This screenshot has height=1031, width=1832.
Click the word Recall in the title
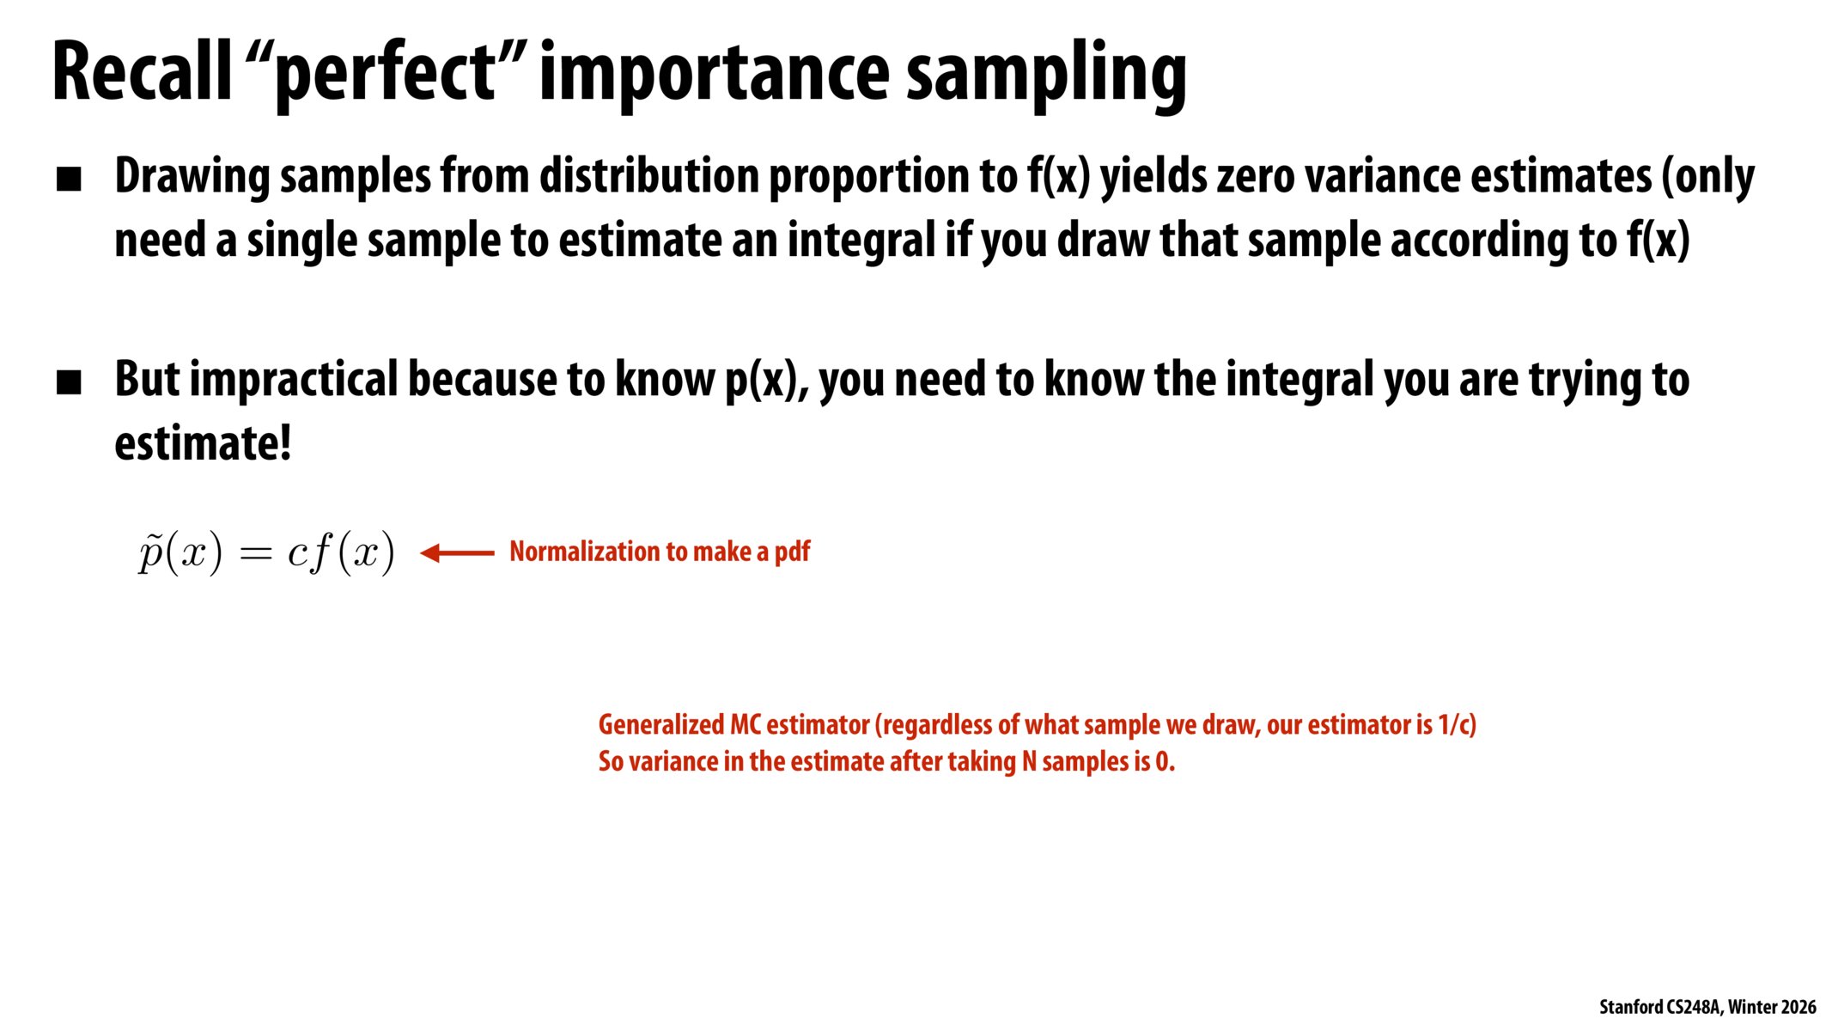tap(142, 73)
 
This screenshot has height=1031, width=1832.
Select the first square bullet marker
tap(69, 180)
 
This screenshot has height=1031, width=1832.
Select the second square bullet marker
tap(69, 382)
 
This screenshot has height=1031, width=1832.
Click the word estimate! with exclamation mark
tap(203, 444)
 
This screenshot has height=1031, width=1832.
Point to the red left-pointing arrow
tap(457, 552)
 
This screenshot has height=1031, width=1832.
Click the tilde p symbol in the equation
tap(151, 552)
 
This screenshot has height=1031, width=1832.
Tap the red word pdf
tap(792, 552)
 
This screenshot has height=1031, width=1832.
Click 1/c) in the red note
tap(1457, 724)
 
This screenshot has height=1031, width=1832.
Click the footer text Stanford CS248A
tap(1659, 1007)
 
